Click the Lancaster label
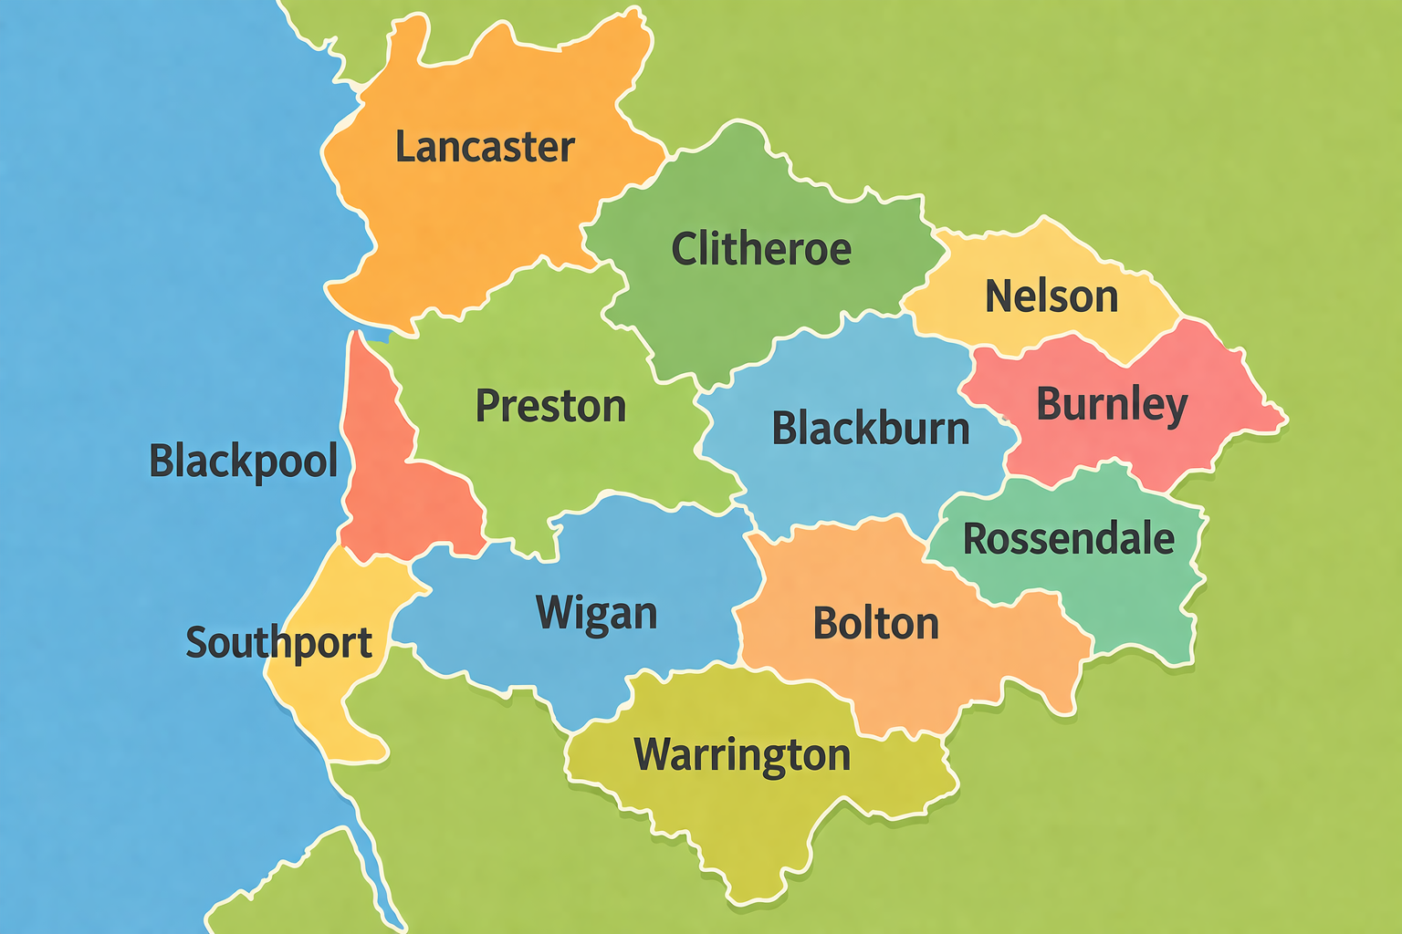(485, 147)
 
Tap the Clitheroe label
(761, 249)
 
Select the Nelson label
(1051, 296)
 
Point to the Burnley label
(1112, 404)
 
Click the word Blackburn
(871, 428)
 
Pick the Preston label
(550, 406)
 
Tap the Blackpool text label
(244, 461)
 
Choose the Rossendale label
(1069, 539)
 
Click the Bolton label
(875, 624)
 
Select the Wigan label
(596, 613)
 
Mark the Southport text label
(278, 643)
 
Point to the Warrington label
(742, 755)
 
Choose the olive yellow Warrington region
(748, 821)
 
